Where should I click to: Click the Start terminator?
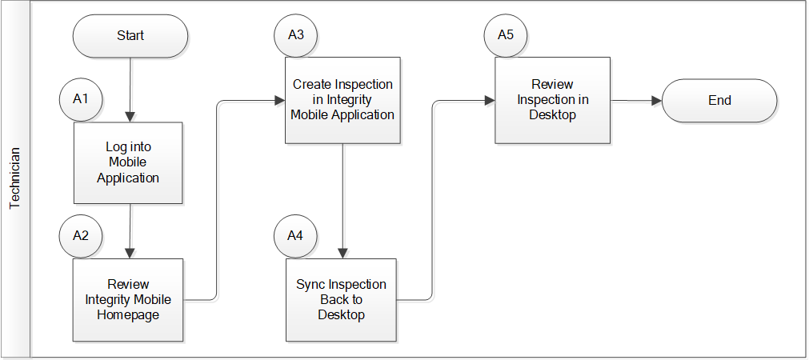(130, 35)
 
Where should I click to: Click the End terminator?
(719, 101)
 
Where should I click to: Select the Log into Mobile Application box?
(128, 162)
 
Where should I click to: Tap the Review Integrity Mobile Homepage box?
(128, 300)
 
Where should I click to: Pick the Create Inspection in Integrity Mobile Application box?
(342, 100)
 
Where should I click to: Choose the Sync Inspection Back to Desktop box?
(341, 300)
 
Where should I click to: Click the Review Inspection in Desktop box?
(553, 100)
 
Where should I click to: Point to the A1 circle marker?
(81, 99)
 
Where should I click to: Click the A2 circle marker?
(81, 236)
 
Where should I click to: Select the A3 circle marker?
(295, 35)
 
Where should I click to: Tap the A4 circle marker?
(295, 236)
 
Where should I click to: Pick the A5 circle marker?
(506, 35)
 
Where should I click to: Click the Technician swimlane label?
(15, 178)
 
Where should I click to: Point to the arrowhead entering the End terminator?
(657, 101)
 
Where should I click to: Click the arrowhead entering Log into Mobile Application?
(130, 117)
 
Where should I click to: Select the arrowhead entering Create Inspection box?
(280, 101)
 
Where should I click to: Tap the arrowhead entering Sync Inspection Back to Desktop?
(342, 254)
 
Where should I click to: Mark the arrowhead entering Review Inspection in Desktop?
(491, 101)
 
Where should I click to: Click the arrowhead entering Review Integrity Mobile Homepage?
(130, 254)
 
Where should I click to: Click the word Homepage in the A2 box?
(128, 314)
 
